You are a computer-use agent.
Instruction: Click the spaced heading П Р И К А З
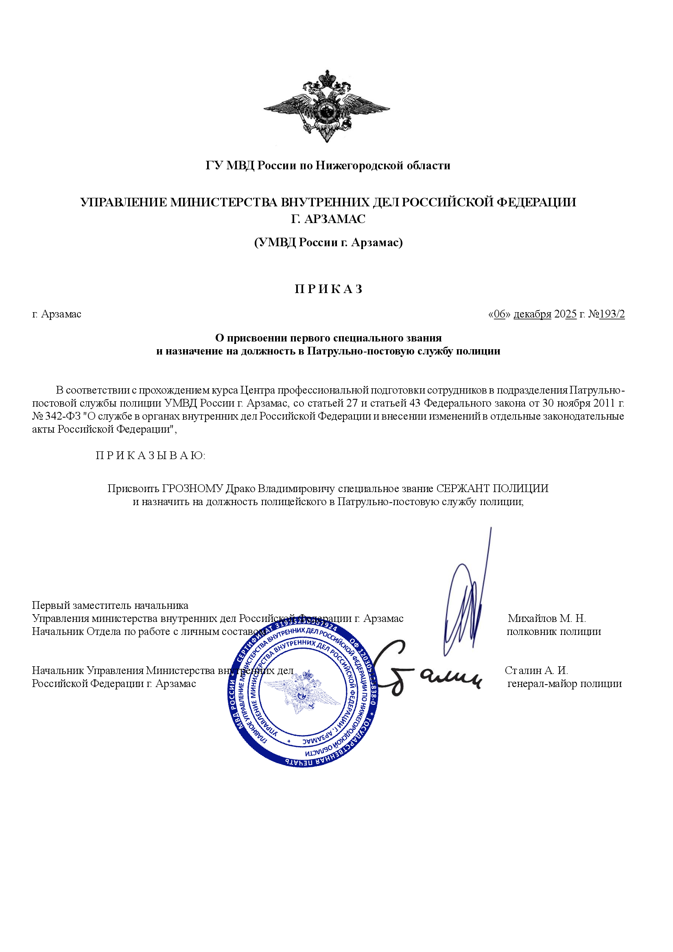point(328,289)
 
